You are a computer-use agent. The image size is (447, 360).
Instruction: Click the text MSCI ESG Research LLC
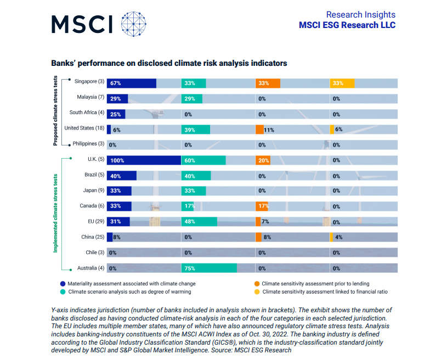pyautogui.click(x=347, y=25)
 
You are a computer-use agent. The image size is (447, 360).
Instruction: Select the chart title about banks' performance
pyautogui.click(x=169, y=63)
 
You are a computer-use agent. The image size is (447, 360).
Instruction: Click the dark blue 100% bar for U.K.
pyautogui.click(x=144, y=161)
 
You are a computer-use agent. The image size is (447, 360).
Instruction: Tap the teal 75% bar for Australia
pyautogui.click(x=209, y=268)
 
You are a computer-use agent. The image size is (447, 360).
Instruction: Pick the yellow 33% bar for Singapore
pyautogui.click(x=342, y=83)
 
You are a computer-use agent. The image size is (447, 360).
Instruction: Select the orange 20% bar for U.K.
pyautogui.click(x=262, y=161)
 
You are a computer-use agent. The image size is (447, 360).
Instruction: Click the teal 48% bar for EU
pyautogui.click(x=199, y=222)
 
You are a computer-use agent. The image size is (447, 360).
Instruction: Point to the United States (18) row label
pyautogui.click(x=84, y=128)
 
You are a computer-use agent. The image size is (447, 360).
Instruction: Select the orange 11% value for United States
pyautogui.click(x=268, y=130)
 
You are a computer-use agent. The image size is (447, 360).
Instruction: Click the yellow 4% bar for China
pyautogui.click(x=331, y=237)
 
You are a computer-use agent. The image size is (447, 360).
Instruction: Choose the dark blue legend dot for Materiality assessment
pyautogui.click(x=63, y=284)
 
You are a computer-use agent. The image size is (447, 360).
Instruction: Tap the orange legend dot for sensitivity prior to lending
pyautogui.click(x=256, y=284)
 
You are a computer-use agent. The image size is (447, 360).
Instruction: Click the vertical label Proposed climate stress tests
pyautogui.click(x=55, y=111)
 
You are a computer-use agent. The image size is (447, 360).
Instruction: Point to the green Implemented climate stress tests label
pyautogui.click(x=55, y=214)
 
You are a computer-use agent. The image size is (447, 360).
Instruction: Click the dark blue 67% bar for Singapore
pyautogui.click(x=131, y=83)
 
